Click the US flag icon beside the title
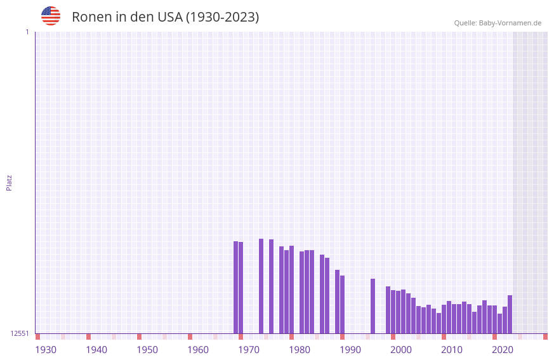[51, 16]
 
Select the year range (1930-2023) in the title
[222, 17]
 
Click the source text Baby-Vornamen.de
[510, 23]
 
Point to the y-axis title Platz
[9, 182]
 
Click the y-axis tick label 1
[27, 32]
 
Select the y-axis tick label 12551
[20, 333]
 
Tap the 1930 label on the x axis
[46, 350]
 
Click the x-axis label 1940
[96, 350]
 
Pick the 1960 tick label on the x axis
[198, 350]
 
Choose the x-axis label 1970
[249, 350]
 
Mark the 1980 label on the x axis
[300, 350]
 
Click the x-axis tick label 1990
[350, 350]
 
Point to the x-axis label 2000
[401, 350]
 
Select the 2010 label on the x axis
[452, 350]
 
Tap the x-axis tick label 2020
[503, 350]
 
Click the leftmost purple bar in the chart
[235, 287]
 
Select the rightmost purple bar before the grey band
[510, 314]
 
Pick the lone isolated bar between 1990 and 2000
[373, 306]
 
